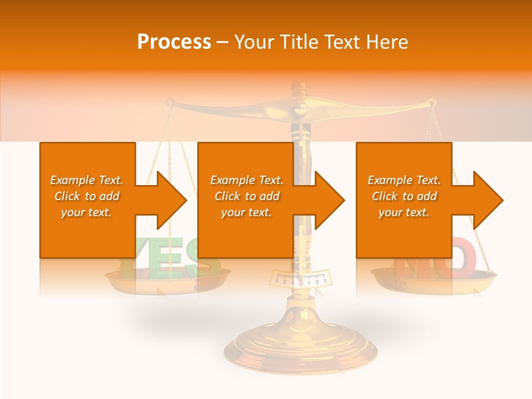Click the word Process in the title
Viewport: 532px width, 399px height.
(174, 42)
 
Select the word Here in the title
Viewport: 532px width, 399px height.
(387, 42)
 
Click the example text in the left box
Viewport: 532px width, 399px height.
(86, 196)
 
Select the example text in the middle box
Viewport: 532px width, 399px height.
(247, 196)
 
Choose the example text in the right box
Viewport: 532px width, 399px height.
(404, 196)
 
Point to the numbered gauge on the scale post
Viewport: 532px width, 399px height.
(300, 278)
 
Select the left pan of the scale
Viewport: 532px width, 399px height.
(166, 280)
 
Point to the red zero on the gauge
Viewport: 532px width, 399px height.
(300, 282)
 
